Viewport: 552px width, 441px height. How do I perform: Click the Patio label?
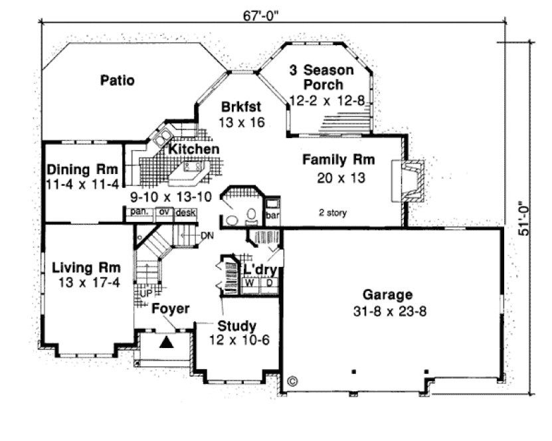pos(118,81)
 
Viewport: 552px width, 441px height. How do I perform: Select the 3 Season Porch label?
pos(322,77)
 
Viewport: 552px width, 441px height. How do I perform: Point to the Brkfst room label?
pos(241,106)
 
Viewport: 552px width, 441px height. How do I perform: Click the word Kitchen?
pos(193,149)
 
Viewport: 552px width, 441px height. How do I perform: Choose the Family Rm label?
pos(339,159)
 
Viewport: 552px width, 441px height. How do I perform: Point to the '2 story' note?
pos(331,213)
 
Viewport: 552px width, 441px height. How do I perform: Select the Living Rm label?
pos(86,268)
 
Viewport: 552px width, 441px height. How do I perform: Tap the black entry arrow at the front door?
pos(168,342)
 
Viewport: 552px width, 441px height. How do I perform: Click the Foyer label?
pos(170,309)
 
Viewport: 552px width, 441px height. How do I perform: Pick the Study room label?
pos(237,325)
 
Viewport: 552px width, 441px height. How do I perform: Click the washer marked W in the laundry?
pos(252,282)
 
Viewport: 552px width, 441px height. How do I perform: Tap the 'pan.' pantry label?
pos(138,212)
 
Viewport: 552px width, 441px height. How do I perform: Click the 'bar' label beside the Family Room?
pos(271,216)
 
